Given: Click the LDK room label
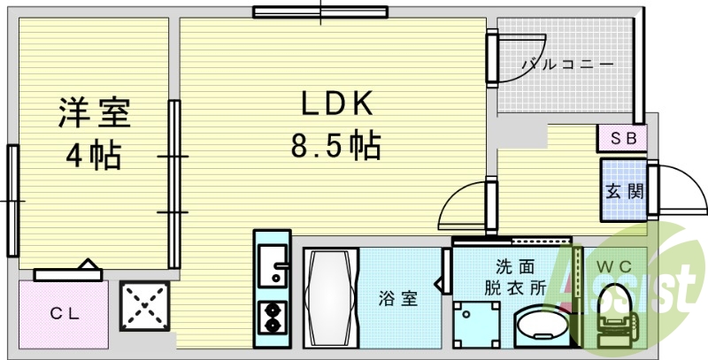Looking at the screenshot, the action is [x=337, y=103].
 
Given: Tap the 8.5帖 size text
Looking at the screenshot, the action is [x=336, y=144].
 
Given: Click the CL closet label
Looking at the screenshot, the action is [x=65, y=313].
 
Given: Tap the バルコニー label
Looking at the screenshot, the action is [x=568, y=65].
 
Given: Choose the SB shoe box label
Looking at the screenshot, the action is [x=624, y=138].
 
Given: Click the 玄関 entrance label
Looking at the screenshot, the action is [x=625, y=192].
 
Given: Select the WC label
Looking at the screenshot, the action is [x=614, y=266].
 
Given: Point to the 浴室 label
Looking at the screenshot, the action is [x=397, y=299].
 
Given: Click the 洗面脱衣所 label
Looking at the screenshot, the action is [x=515, y=278].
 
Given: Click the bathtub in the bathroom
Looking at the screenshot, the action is [x=331, y=298].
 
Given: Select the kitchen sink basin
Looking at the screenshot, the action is [x=273, y=265].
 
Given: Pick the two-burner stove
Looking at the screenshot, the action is [x=273, y=318].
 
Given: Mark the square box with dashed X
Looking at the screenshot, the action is [x=144, y=306].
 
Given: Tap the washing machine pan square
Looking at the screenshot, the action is [x=476, y=325].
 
